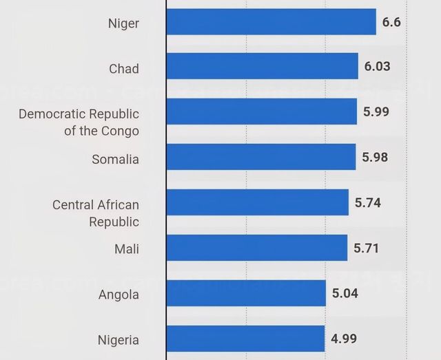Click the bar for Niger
271,22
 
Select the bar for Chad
263,66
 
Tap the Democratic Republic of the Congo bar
262,112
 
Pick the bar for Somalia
261,157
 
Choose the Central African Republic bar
258,202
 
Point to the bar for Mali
257,248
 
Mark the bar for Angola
246,293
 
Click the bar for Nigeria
245,339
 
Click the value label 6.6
391,22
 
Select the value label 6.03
377,66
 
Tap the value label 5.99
376,112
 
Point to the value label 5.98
375,157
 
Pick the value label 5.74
368,202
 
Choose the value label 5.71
367,248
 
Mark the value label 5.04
345,293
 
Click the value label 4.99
344,339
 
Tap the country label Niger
123,23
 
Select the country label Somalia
115,160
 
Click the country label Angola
119,295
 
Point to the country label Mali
126,248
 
